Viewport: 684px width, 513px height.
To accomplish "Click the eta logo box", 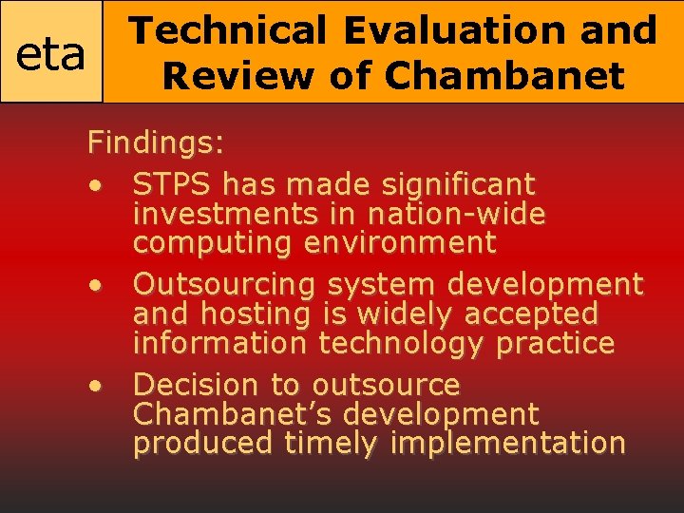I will (x=51, y=53).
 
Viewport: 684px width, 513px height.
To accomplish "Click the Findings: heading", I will (x=156, y=144).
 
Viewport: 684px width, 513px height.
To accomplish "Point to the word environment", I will (x=400, y=243).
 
